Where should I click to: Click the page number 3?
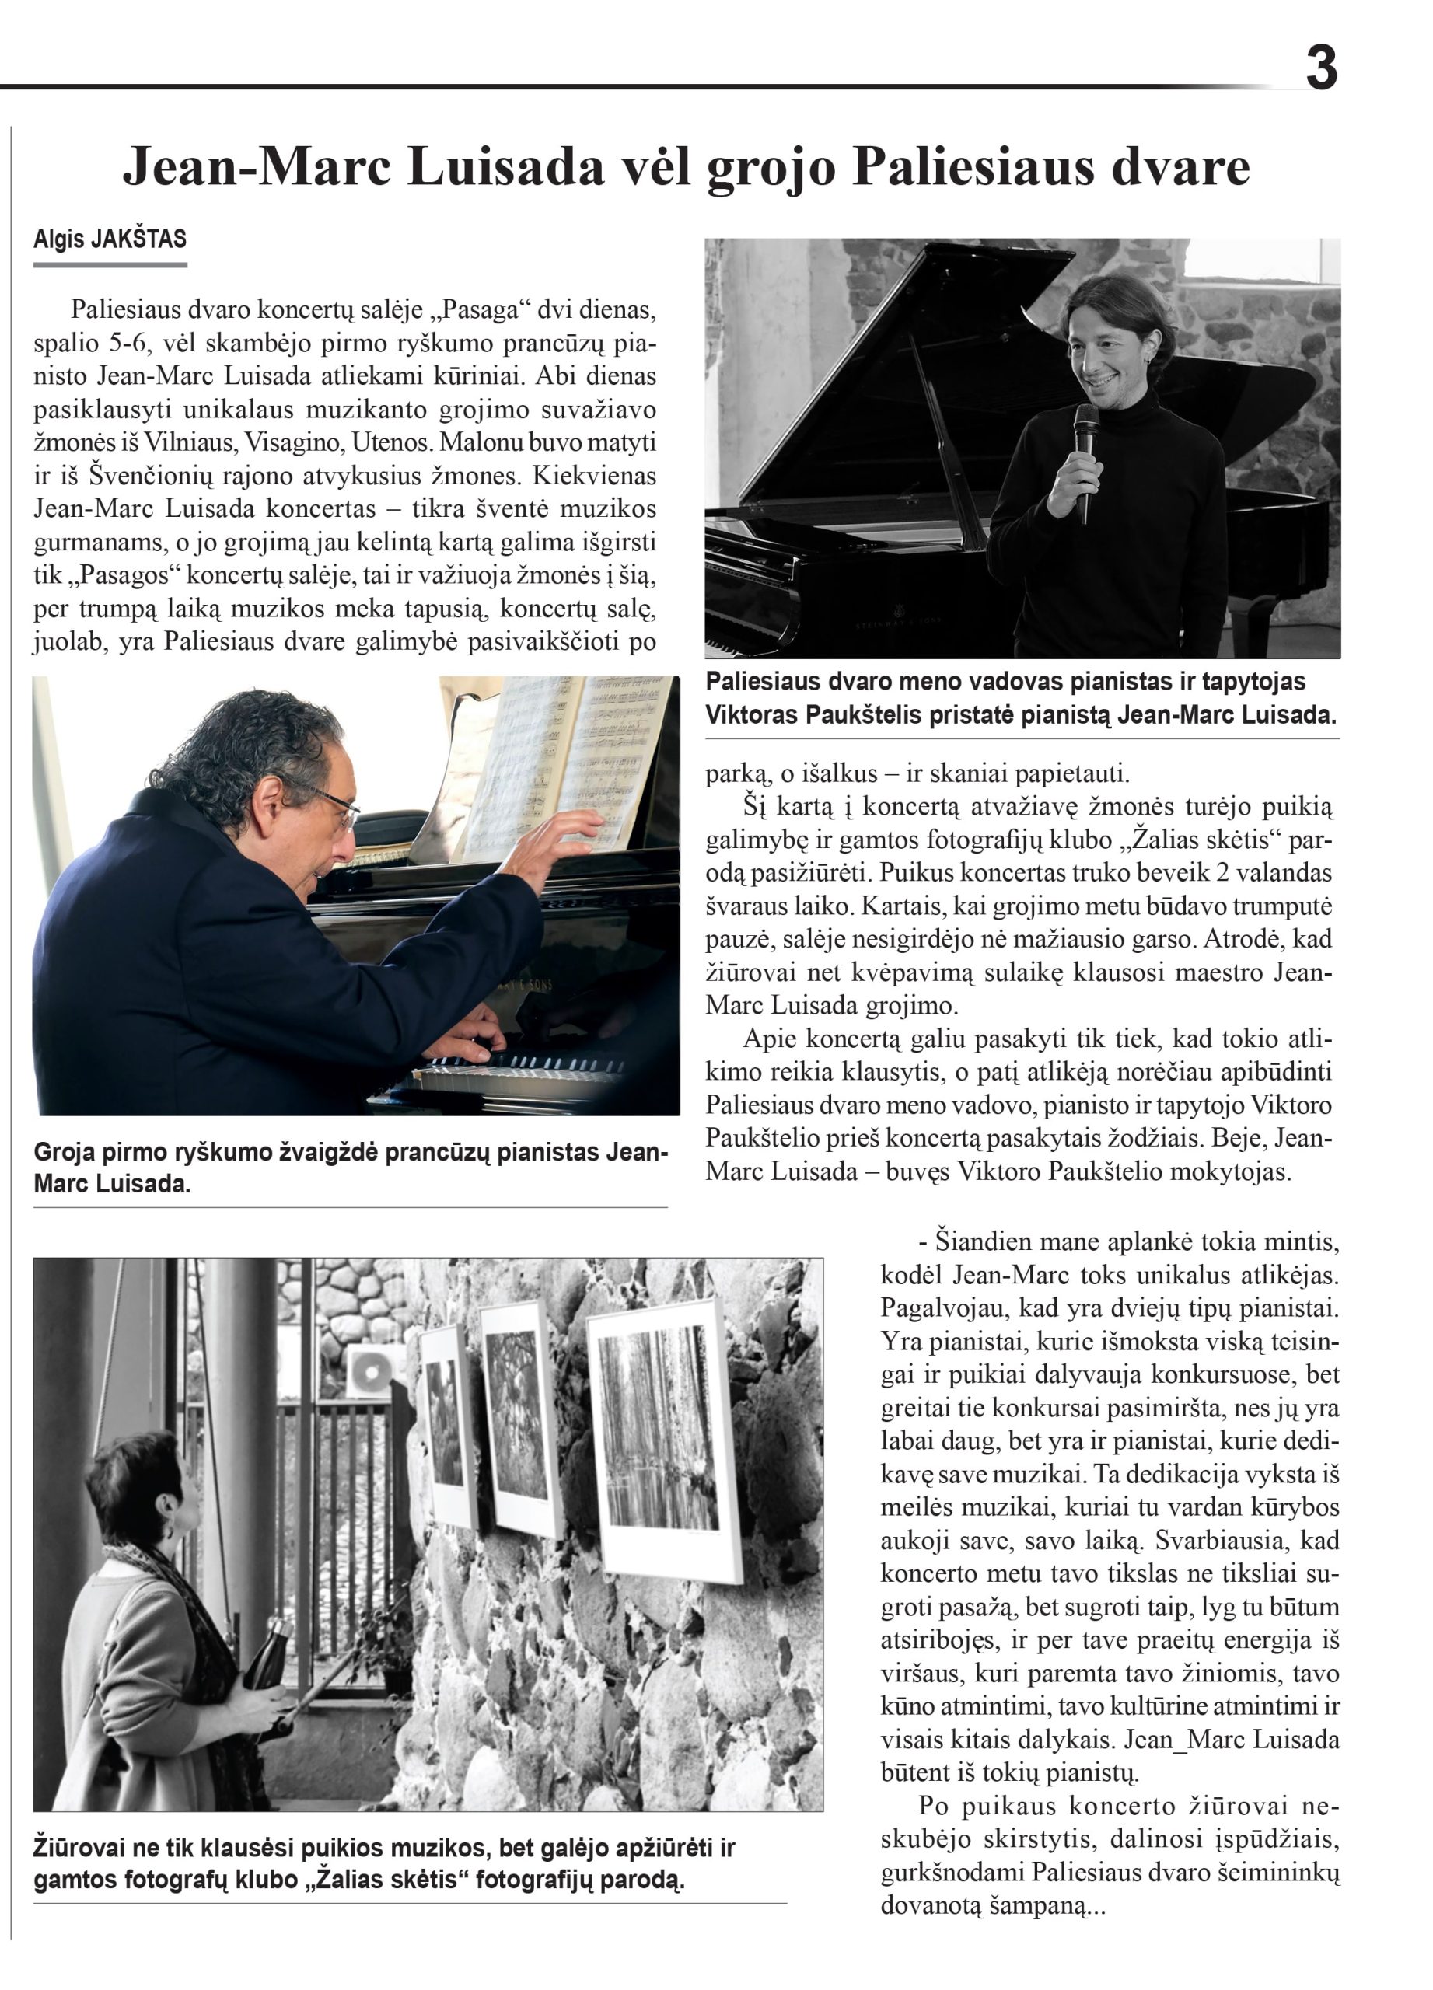click(x=1321, y=68)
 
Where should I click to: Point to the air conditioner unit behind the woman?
click(x=374, y=1370)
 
